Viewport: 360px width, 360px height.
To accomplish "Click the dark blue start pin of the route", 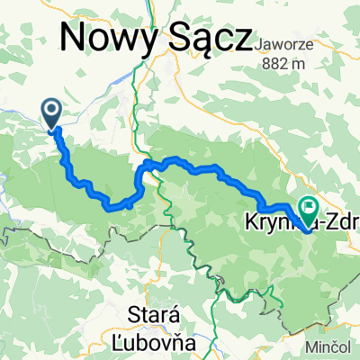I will pos(52,112).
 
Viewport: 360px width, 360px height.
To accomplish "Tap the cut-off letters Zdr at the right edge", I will pos(342,219).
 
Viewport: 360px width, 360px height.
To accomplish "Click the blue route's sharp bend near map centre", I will pos(142,167).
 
